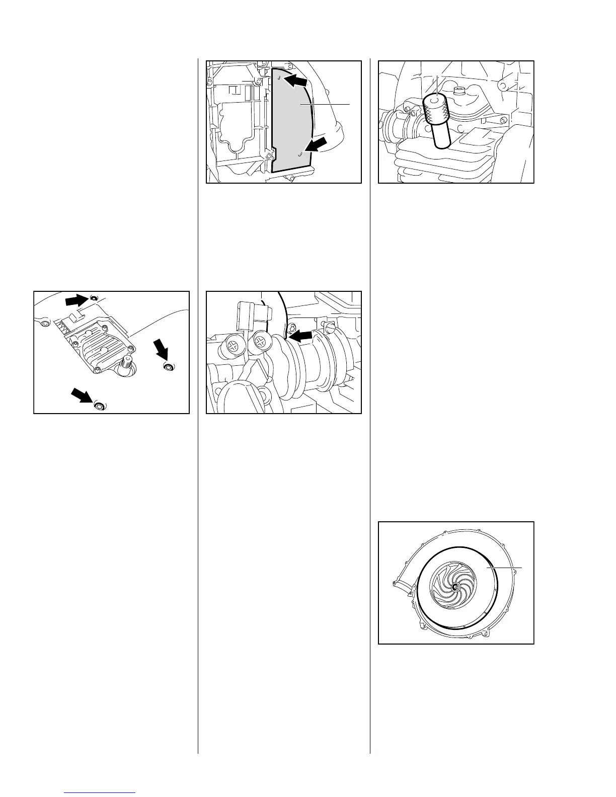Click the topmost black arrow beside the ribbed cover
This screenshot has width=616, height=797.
point(76,301)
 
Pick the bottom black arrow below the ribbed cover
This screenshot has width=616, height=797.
point(83,396)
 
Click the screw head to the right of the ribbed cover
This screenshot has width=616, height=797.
point(168,367)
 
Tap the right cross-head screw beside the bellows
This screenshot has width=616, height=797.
point(260,342)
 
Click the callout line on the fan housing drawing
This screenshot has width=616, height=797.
point(505,568)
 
